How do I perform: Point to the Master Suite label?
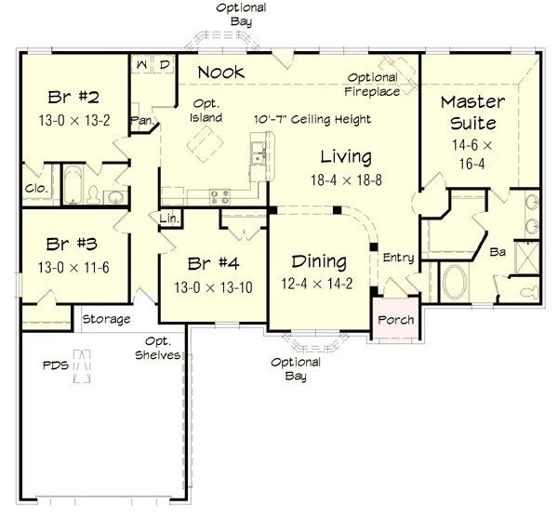[x=474, y=112]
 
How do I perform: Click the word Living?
[x=346, y=156]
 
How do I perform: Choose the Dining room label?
[x=319, y=261]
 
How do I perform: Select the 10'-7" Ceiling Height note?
[x=312, y=120]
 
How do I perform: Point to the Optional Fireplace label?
[x=374, y=85]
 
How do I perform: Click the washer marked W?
[x=142, y=64]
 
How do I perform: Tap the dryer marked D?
[x=164, y=64]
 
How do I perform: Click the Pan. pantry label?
[x=142, y=120]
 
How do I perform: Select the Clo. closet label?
[x=35, y=186]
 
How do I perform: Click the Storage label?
[x=106, y=319]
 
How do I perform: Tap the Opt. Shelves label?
[x=156, y=348]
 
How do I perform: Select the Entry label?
[x=398, y=259]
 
